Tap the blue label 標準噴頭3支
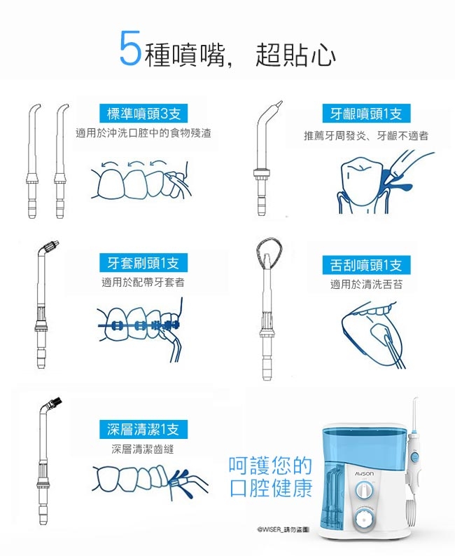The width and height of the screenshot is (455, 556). tap(143, 114)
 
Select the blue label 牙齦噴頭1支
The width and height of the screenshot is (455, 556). tap(366, 114)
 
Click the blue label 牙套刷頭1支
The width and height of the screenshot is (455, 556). tap(143, 263)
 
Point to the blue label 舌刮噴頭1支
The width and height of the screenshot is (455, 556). tap(366, 265)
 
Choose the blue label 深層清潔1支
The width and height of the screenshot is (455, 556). tap(143, 429)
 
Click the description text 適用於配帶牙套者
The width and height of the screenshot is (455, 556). tap(143, 283)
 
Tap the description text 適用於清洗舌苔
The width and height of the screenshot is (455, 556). tap(366, 285)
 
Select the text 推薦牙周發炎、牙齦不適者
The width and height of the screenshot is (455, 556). tap(366, 135)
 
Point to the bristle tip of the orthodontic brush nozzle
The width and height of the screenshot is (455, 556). tap(51, 246)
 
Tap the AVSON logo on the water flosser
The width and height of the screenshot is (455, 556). tap(364, 474)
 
